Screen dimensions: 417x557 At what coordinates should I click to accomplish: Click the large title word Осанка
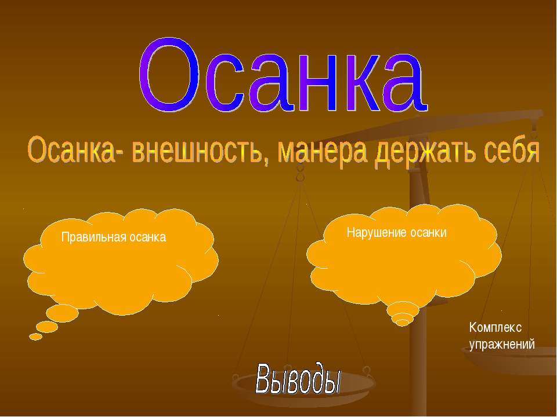283,75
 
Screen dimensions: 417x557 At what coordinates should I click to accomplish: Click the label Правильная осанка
114,237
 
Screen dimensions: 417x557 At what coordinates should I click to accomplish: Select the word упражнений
501,344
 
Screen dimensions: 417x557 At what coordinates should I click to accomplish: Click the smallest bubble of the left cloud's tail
35,336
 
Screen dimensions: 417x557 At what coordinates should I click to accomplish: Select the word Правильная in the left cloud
88,237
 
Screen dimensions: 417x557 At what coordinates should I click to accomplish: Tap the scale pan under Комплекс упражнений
511,362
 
